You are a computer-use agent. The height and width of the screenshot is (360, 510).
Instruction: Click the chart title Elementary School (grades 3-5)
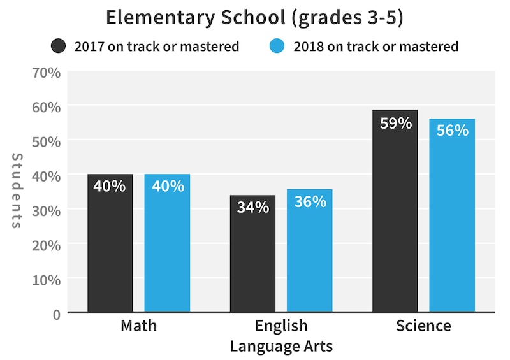point(254,17)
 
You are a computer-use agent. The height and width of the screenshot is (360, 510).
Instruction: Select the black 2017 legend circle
point(59,47)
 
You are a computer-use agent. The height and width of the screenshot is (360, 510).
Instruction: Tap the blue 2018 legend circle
point(277,47)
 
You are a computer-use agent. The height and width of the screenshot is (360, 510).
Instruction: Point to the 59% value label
point(395,123)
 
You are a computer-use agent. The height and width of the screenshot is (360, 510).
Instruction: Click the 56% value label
point(452,131)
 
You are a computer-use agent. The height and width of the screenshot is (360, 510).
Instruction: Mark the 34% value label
point(252,208)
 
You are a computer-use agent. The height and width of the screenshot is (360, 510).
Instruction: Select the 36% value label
point(310,201)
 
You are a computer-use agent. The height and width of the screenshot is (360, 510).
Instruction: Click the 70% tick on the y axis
point(47,72)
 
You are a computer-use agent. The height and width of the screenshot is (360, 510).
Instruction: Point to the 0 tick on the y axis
point(55,313)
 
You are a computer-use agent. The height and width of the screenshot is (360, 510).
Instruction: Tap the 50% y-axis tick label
point(47,141)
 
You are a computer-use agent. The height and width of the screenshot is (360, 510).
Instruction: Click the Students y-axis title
point(17,191)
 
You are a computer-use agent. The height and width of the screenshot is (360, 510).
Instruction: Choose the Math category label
point(138,326)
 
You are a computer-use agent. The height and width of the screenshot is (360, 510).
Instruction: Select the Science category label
point(423,326)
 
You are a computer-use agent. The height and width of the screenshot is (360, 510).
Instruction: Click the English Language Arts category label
point(281,336)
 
